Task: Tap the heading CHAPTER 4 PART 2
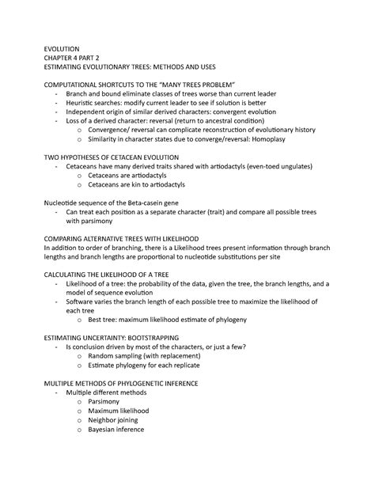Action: (x=79, y=58)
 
